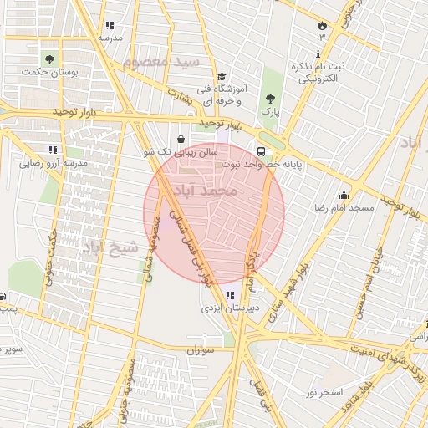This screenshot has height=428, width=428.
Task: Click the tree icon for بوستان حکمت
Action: [50, 59]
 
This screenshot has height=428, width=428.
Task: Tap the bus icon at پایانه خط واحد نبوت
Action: [262, 152]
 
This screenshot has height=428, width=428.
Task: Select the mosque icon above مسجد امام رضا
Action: [344, 195]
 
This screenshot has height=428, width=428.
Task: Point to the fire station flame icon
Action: [321, 25]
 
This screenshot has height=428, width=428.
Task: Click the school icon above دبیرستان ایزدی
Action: [230, 294]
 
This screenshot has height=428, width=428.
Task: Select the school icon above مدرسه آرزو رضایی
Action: [53, 150]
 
